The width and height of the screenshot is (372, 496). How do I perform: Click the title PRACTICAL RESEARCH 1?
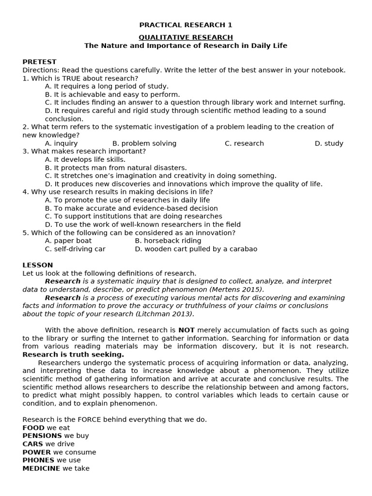(186, 25)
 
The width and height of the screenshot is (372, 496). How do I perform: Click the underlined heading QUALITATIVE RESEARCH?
(186, 37)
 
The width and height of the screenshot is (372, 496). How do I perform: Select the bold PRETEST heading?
(39, 62)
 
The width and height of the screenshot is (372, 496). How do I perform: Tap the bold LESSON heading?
(38, 265)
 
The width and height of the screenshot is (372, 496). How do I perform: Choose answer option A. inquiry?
(61, 143)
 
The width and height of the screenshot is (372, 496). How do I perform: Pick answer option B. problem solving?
(144, 143)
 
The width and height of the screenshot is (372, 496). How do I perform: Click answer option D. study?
(329, 143)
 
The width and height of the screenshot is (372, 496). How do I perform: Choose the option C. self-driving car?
(75, 249)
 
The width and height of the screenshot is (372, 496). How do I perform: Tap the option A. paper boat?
(68, 241)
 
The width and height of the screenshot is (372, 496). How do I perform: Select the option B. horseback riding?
(168, 241)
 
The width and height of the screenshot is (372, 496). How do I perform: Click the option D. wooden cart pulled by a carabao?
(196, 249)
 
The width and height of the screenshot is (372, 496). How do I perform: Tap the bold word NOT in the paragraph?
(186, 330)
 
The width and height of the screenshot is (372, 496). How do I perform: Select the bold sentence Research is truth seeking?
(73, 355)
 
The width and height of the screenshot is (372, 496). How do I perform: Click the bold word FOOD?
(33, 428)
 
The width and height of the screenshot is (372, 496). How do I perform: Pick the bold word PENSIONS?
(42, 436)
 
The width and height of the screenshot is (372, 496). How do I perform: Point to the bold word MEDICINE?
(41, 468)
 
